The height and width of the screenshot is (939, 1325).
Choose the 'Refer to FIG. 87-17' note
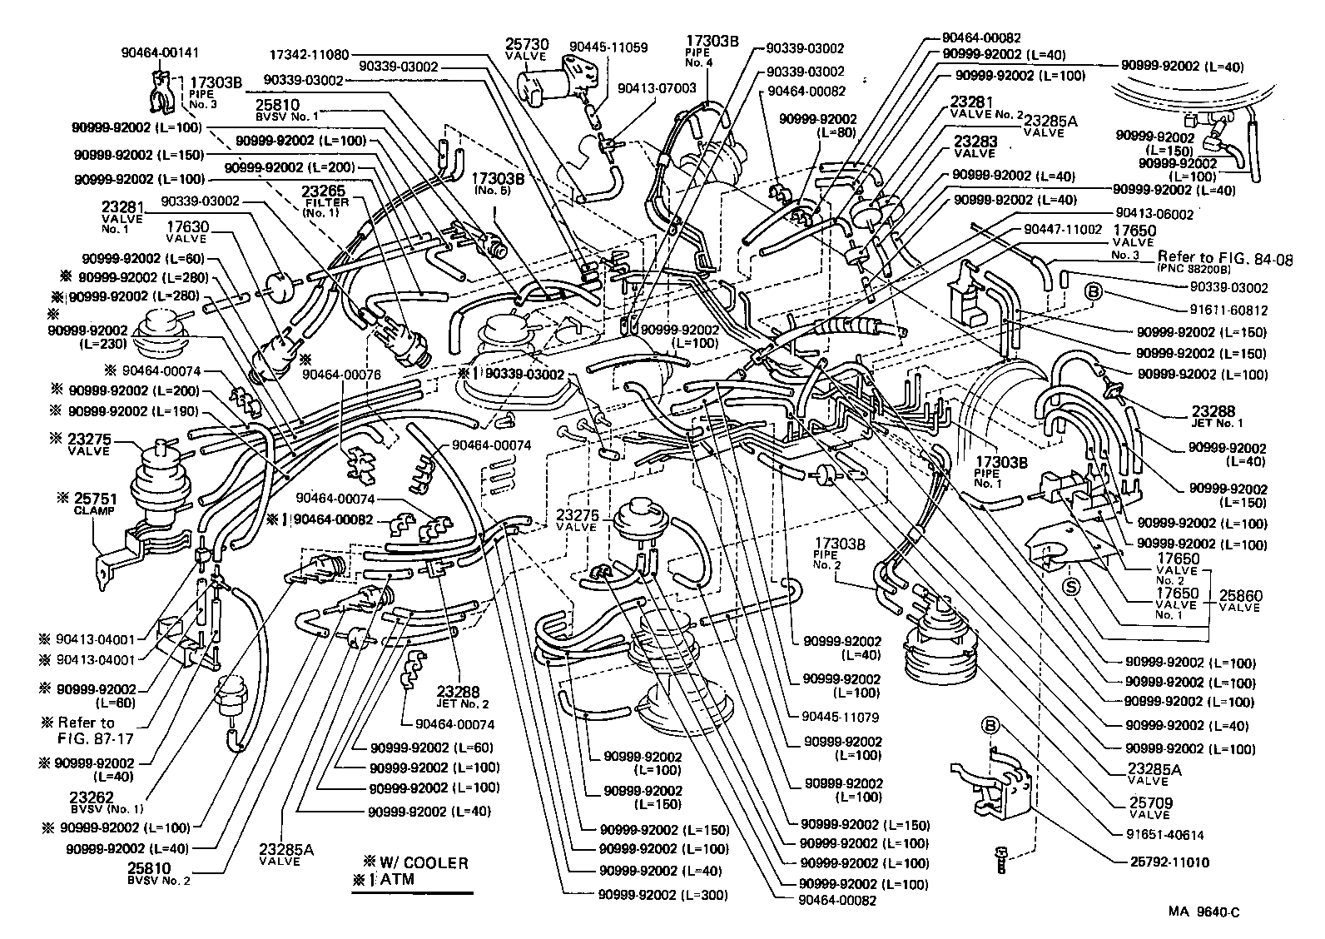pyautogui.click(x=87, y=730)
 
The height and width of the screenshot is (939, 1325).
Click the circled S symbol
pyautogui.click(x=1072, y=587)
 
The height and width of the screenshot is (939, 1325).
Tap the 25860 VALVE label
pyautogui.click(x=1240, y=601)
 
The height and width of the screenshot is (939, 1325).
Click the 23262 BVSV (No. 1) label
pyautogui.click(x=107, y=801)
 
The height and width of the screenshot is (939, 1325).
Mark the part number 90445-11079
pyautogui.click(x=842, y=716)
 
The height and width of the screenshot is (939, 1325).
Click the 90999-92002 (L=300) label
pyautogui.click(x=662, y=895)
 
